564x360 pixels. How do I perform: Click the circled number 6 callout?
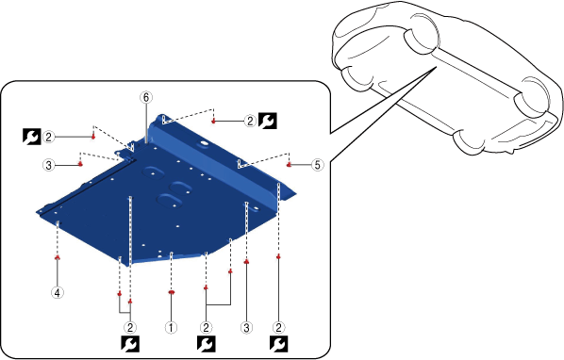146,97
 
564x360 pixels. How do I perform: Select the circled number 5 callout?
317,165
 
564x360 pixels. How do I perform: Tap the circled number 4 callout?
58,292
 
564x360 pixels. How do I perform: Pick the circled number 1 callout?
171,327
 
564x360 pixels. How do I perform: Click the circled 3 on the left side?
48,165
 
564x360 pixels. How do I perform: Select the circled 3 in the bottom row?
246,327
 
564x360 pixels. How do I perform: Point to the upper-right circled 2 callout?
250,121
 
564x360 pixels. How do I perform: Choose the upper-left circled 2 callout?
48,137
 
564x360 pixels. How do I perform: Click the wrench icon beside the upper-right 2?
268,121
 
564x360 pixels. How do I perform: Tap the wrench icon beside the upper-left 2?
32,137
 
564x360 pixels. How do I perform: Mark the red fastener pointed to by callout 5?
289,165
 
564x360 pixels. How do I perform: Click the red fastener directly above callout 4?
58,257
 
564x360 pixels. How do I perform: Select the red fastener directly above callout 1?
172,292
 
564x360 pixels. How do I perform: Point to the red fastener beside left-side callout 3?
80,164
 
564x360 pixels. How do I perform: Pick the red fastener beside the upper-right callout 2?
214,122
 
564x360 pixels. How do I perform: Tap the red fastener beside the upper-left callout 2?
93,137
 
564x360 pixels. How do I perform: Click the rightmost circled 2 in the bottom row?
279,327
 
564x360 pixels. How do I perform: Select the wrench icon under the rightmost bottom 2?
279,344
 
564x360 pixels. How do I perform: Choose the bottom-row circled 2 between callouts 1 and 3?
206,327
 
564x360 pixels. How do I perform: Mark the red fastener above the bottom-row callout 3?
246,262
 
